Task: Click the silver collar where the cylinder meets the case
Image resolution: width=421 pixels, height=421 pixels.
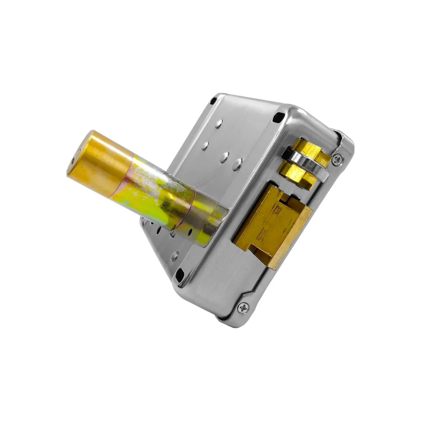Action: click(x=216, y=220)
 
